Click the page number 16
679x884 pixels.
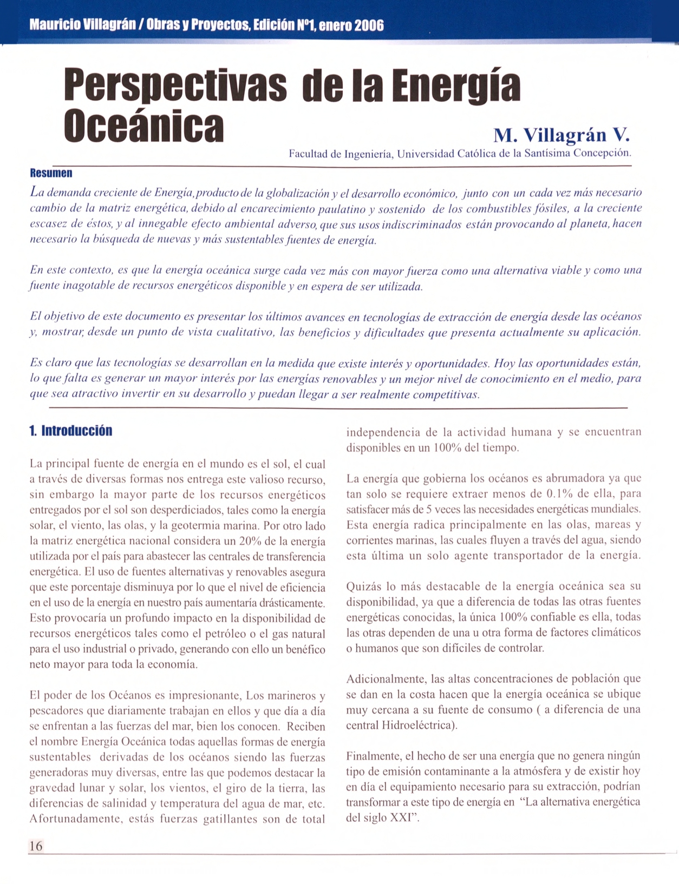36,846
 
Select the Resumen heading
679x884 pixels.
51,173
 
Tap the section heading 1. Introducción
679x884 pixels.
71,431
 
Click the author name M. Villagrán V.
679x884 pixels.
562,135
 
